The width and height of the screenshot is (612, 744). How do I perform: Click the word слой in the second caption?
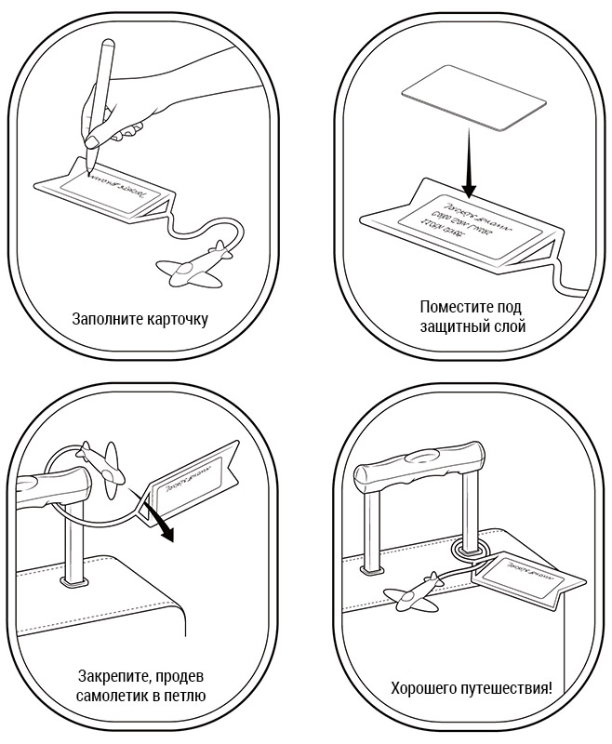click(510, 326)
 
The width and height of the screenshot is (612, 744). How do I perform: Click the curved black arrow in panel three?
click(162, 525)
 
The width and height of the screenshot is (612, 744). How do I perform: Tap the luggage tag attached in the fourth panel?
click(531, 578)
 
